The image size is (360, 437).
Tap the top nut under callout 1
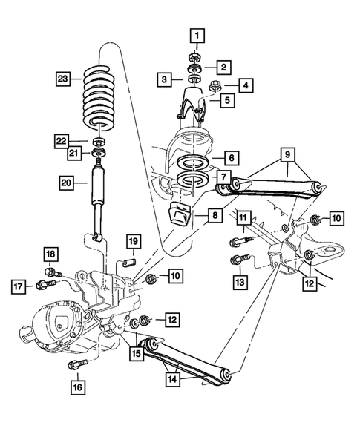point(196,54)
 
